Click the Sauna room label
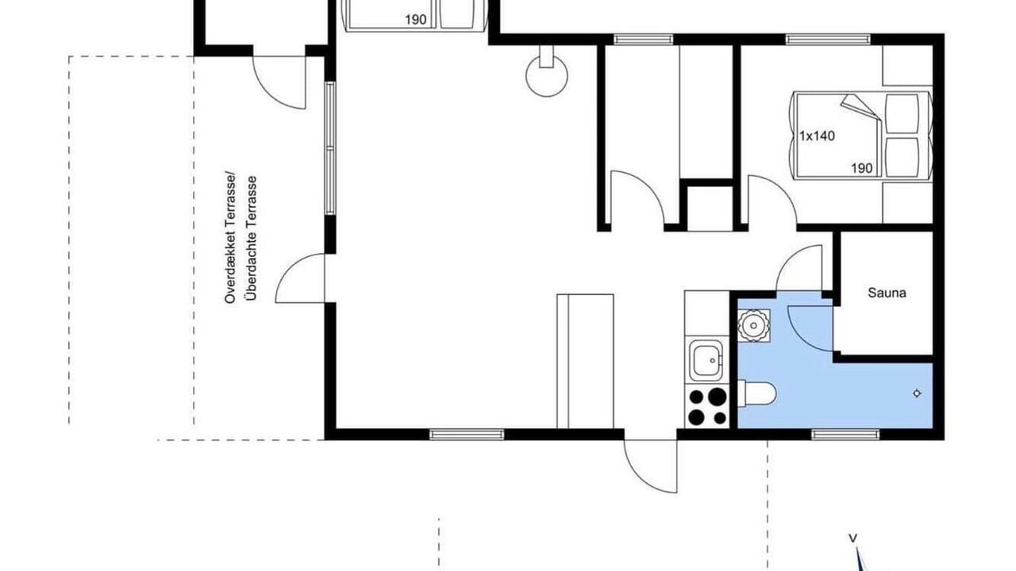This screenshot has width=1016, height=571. (887, 293)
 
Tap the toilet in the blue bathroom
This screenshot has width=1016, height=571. (756, 393)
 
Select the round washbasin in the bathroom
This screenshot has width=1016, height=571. (753, 325)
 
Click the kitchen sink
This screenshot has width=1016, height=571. (706, 361)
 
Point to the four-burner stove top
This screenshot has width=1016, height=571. (706, 406)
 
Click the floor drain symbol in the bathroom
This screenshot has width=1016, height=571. (917, 393)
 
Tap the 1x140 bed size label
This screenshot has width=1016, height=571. (817, 136)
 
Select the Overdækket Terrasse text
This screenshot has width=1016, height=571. (230, 239)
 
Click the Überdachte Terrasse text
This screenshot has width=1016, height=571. (250, 239)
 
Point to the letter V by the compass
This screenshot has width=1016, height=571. (852, 538)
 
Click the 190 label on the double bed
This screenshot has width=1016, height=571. (861, 169)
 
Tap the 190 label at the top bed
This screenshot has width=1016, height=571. (415, 20)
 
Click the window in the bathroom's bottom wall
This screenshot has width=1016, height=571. (845, 435)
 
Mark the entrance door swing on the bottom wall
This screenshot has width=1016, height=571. (650, 466)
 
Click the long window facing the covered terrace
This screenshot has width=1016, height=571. (330, 148)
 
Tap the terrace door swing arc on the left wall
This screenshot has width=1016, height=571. (300, 278)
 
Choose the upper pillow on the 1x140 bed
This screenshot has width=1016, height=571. (902, 113)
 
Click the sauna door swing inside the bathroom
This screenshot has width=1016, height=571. (810, 328)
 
